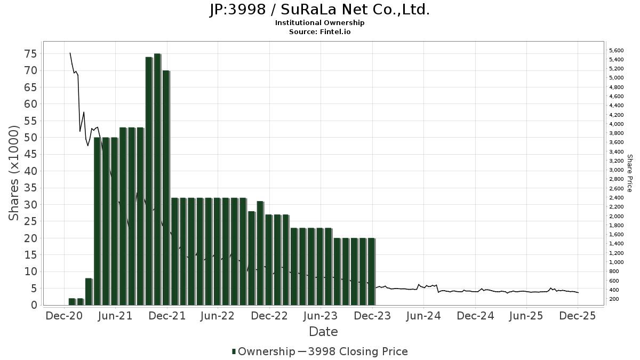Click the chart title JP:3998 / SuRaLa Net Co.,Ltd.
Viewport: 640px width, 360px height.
coord(319,10)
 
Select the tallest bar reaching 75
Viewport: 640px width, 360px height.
coord(157,179)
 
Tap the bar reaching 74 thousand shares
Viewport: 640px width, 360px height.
coord(148,181)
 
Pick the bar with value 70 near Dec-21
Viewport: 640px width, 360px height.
coord(165,188)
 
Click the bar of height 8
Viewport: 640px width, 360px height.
coord(89,292)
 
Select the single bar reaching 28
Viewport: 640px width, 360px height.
coord(251,258)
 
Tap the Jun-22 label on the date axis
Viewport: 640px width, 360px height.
coord(218,316)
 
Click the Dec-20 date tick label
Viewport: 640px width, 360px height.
coord(65,316)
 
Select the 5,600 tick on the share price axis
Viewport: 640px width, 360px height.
coord(616,51)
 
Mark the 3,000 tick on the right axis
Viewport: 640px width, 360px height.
coord(616,170)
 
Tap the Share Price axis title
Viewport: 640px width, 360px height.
coord(629,173)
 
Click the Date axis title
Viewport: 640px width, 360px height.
coord(323,332)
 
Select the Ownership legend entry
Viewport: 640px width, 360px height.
coord(263,351)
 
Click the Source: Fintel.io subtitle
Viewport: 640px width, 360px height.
coord(319,31)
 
